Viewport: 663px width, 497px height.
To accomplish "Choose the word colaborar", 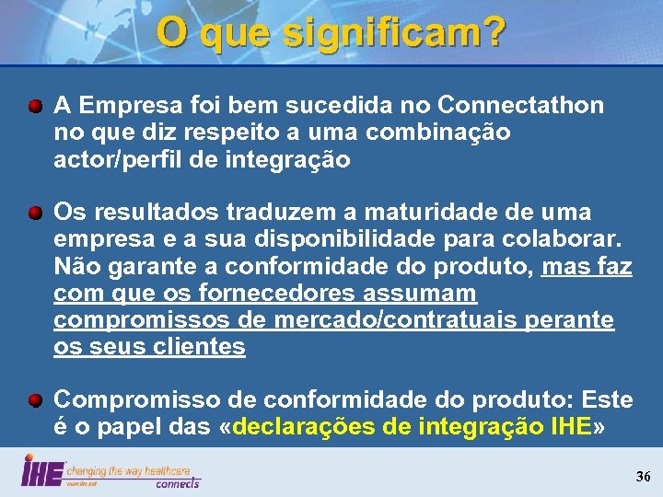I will [x=571, y=239].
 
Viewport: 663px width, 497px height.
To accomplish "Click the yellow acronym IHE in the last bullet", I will [x=567, y=427].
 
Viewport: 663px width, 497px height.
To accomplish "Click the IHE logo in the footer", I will [x=42, y=471].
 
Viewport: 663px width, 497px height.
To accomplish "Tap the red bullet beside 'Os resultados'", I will [x=34, y=214].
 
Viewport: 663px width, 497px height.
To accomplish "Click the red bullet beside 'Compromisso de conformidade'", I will [x=34, y=401].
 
